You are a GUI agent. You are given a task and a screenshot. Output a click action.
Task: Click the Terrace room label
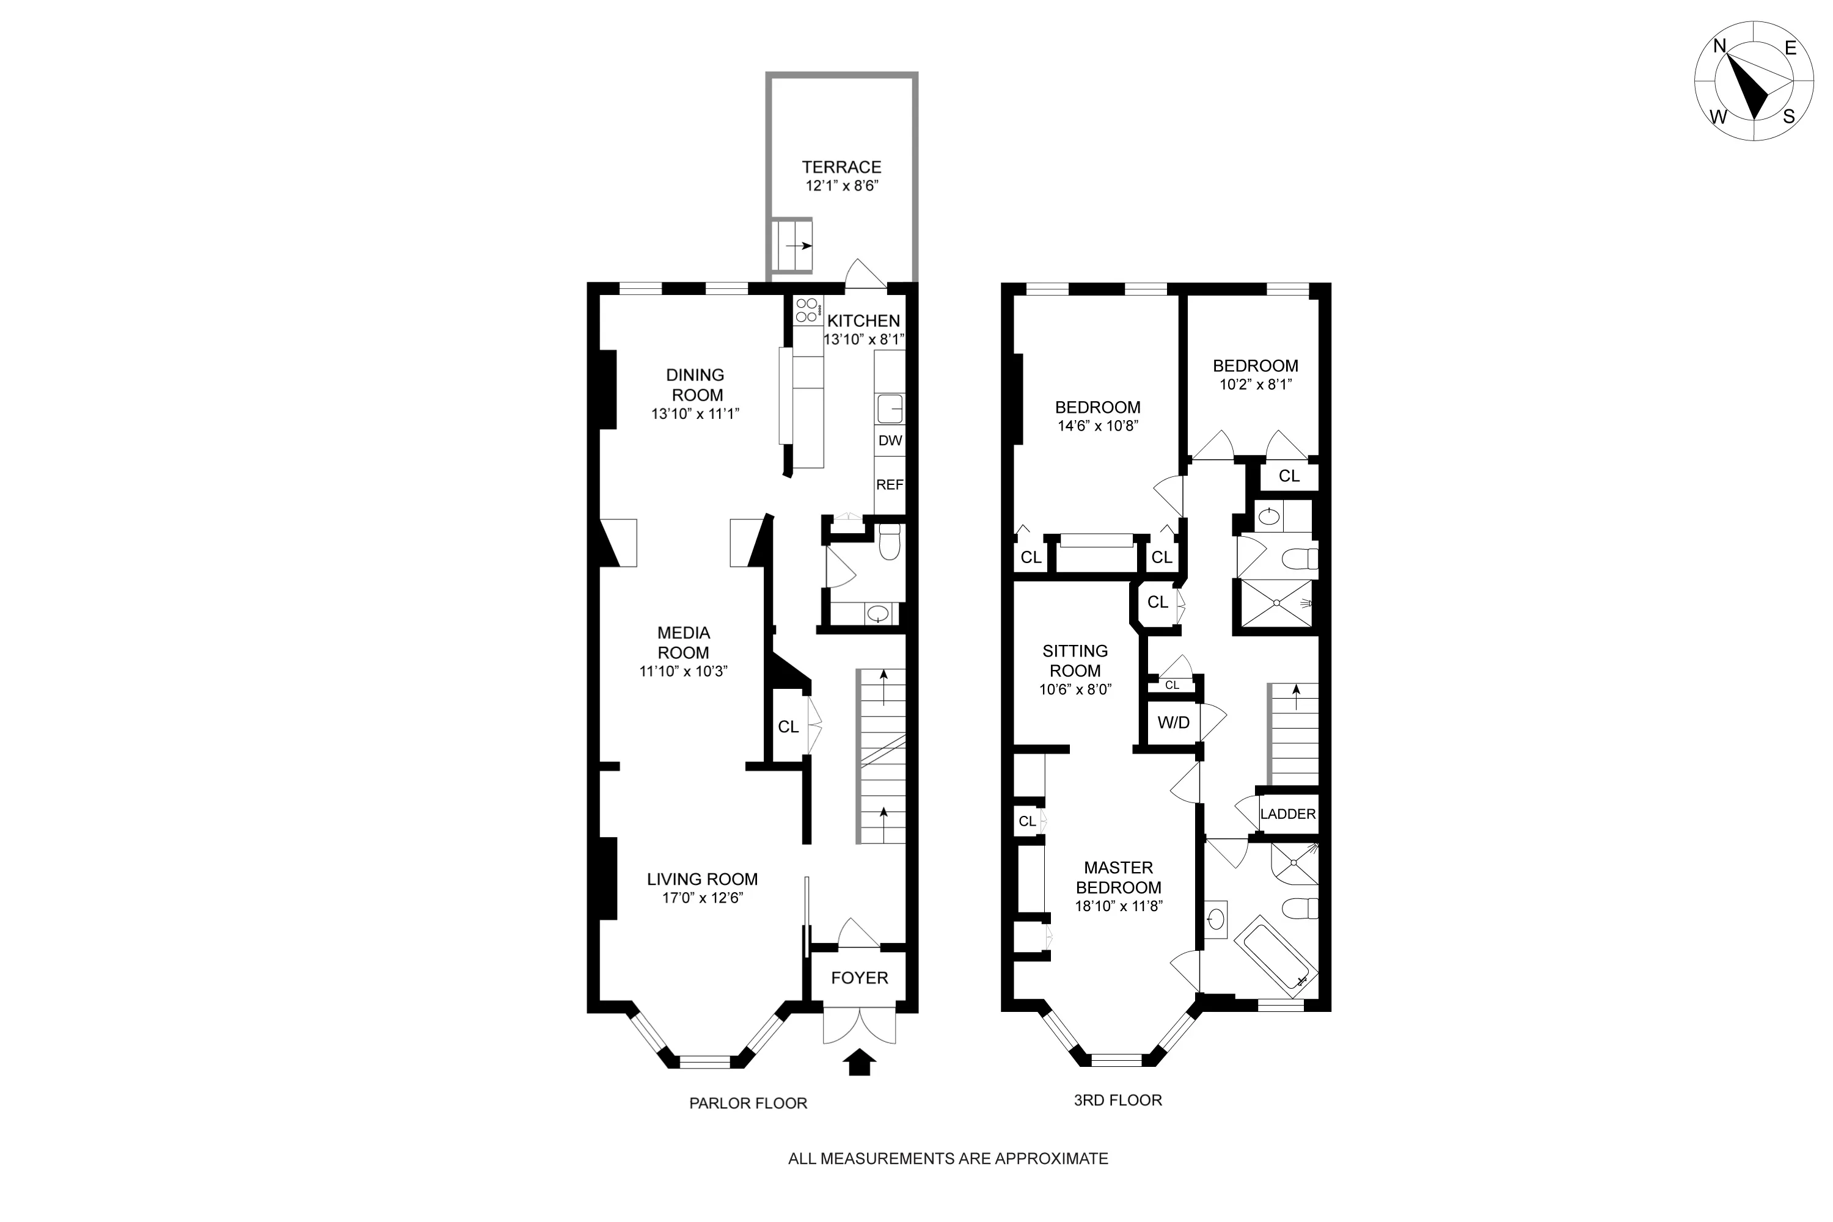tap(841, 167)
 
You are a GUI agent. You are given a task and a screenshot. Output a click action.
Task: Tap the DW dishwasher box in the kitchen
tap(890, 440)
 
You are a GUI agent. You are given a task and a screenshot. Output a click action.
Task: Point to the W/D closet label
tap(1173, 722)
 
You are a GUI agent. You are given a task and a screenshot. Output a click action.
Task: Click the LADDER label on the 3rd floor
tap(1287, 813)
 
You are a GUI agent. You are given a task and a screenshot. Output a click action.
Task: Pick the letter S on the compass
tap(1788, 117)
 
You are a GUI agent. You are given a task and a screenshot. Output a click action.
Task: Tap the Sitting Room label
tap(1075, 660)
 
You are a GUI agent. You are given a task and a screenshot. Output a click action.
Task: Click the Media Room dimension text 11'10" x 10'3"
tap(683, 671)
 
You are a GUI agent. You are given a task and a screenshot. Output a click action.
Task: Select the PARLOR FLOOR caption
tap(748, 1104)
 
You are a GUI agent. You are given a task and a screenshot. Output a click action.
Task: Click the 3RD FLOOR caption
tap(1118, 1100)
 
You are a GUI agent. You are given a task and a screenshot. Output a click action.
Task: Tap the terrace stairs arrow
tap(799, 245)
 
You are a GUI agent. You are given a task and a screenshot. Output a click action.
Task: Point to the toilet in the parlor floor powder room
tap(889, 543)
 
